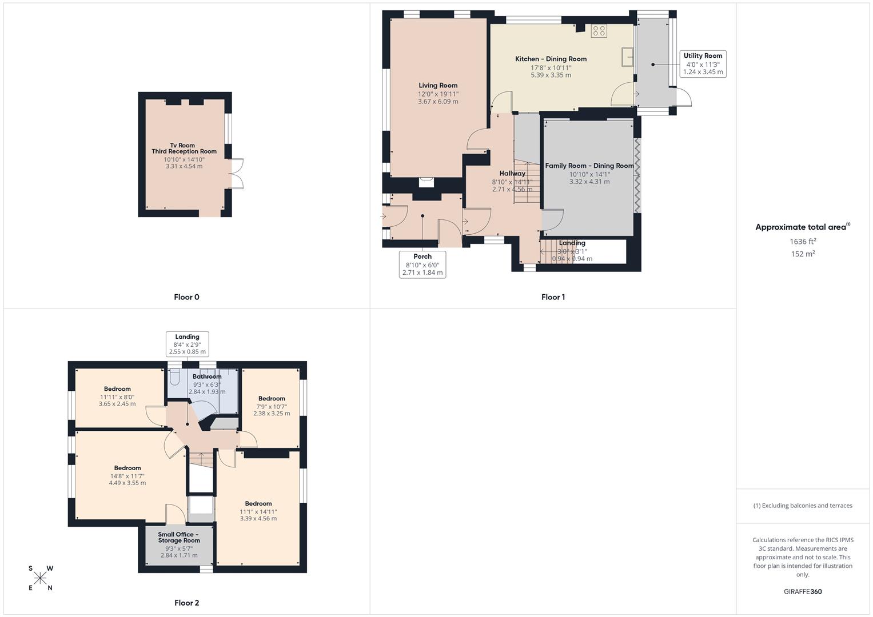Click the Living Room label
click(438, 86)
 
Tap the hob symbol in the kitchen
click(599, 31)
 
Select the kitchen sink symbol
click(627, 57)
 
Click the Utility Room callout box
click(703, 64)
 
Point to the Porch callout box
click(422, 265)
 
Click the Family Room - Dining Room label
click(589, 166)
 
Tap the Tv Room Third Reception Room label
click(184, 149)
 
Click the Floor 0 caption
click(186, 297)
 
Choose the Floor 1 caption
click(553, 297)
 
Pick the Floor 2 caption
click(186, 603)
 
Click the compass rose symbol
click(40, 578)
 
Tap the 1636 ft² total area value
click(803, 242)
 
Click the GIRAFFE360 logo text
click(803, 592)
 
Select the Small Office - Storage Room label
click(179, 538)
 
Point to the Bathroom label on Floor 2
click(207, 376)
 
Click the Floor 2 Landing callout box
click(187, 344)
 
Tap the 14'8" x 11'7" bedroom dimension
click(127, 476)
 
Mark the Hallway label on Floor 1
click(512, 174)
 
